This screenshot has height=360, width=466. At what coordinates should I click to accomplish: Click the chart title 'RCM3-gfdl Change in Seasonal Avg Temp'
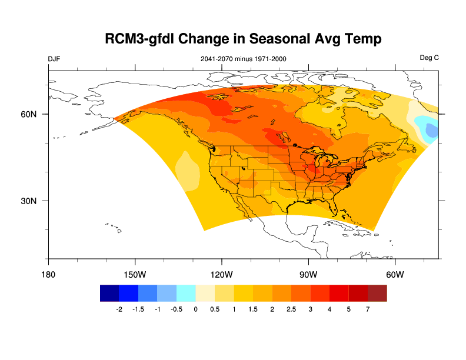[x=243, y=39]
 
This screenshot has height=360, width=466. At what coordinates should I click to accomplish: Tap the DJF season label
[x=54, y=58]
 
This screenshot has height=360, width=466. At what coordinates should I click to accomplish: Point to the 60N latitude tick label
[x=29, y=114]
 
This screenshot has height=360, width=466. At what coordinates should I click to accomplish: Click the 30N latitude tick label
[x=29, y=201]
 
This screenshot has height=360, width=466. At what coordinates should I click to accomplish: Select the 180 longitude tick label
[x=48, y=275]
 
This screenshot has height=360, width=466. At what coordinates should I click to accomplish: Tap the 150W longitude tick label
[x=135, y=275]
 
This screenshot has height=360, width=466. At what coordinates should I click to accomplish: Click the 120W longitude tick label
[x=221, y=275]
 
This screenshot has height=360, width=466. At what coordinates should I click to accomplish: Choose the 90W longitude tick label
[x=308, y=275]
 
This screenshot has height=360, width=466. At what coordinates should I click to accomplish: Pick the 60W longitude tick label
[x=395, y=275]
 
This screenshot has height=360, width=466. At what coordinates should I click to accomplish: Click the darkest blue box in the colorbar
[x=109, y=293]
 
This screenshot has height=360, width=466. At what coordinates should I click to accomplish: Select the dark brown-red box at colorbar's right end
[x=377, y=293]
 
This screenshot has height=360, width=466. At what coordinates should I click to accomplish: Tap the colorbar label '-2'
[x=119, y=309]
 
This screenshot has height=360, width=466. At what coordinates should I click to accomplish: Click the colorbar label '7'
[x=368, y=309]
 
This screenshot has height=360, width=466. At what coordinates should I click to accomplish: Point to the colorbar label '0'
[x=195, y=309]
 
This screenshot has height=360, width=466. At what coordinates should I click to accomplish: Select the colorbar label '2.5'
[x=291, y=309]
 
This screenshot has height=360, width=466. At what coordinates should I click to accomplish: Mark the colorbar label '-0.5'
[x=176, y=309]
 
